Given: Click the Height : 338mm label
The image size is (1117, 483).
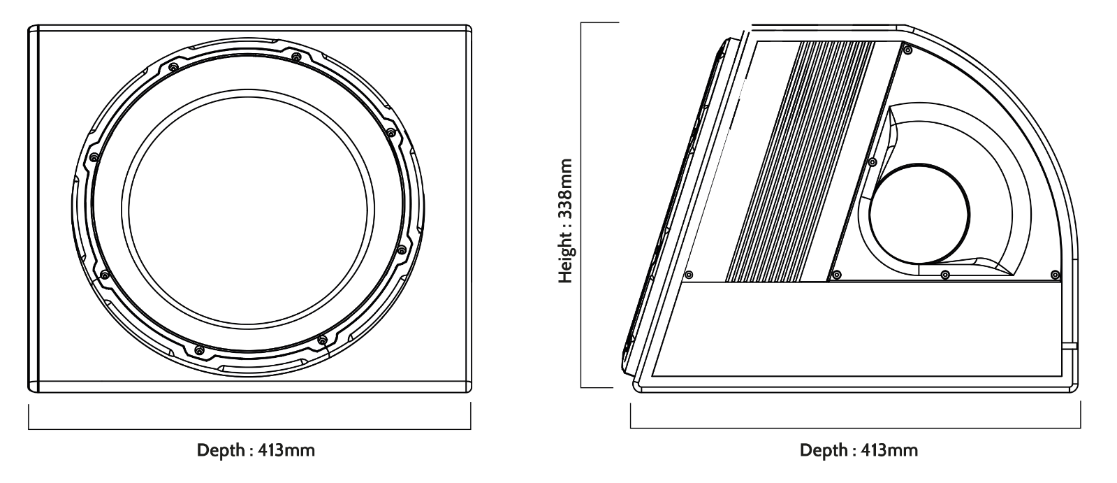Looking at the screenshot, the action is point(565,221).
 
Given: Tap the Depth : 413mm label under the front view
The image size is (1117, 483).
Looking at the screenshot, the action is point(256,450).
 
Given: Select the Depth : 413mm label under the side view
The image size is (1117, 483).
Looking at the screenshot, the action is point(859,450).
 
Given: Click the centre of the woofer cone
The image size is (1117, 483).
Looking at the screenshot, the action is point(248,209).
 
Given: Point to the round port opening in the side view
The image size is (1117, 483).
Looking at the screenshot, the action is point(919,215).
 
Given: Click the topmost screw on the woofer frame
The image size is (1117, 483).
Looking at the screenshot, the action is point(296,56).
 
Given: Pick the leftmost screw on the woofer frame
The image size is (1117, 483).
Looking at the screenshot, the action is point(94,158).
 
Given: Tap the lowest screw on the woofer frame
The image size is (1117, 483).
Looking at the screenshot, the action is point(199,350).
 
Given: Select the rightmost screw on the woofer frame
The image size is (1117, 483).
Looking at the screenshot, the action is point(402,249).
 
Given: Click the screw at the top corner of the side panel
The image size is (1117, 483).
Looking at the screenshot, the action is point(907,50).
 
